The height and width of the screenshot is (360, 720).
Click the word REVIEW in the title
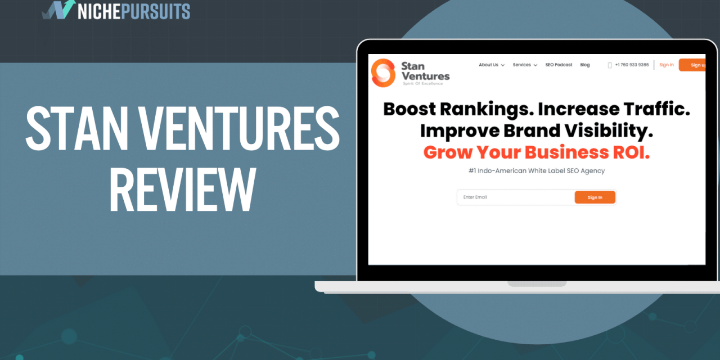(182, 190)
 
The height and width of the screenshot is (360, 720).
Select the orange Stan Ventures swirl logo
(383, 73)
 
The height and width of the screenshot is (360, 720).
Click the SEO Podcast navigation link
(559, 65)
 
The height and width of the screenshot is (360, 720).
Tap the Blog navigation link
(585, 65)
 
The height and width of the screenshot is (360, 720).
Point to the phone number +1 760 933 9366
(632, 65)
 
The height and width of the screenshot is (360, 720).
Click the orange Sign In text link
(667, 65)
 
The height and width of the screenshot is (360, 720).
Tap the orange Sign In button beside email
(595, 197)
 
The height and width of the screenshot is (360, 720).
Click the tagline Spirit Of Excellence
(422, 84)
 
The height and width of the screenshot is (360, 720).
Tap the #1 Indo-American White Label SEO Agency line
(536, 170)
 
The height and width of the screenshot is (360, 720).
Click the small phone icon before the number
(610, 65)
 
